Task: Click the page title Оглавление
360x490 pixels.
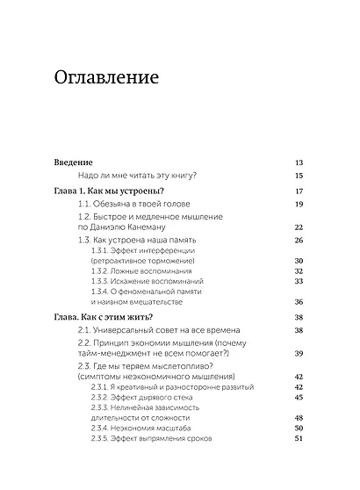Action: (106, 78)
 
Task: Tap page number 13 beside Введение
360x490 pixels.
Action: (299, 162)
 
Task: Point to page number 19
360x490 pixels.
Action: (299, 204)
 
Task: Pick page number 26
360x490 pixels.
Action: (299, 240)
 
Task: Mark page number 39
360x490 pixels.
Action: (299, 352)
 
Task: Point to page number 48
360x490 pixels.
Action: (299, 418)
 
